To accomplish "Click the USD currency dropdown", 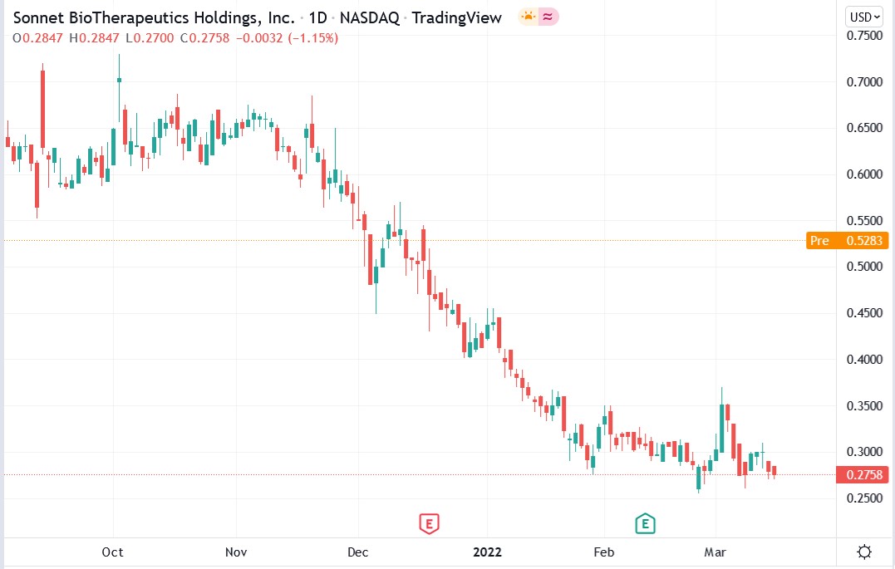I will (865, 17).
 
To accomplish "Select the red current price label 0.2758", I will (864, 475).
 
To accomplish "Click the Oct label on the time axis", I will (112, 552).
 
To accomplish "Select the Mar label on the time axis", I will (714, 552).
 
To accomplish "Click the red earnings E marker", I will (429, 523).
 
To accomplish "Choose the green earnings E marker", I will (645, 523).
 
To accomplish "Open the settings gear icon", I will (864, 552).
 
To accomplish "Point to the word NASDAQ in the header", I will (371, 17).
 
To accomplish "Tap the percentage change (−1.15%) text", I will (314, 37).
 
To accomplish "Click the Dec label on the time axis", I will (358, 552).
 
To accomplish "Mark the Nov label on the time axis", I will (236, 552).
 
